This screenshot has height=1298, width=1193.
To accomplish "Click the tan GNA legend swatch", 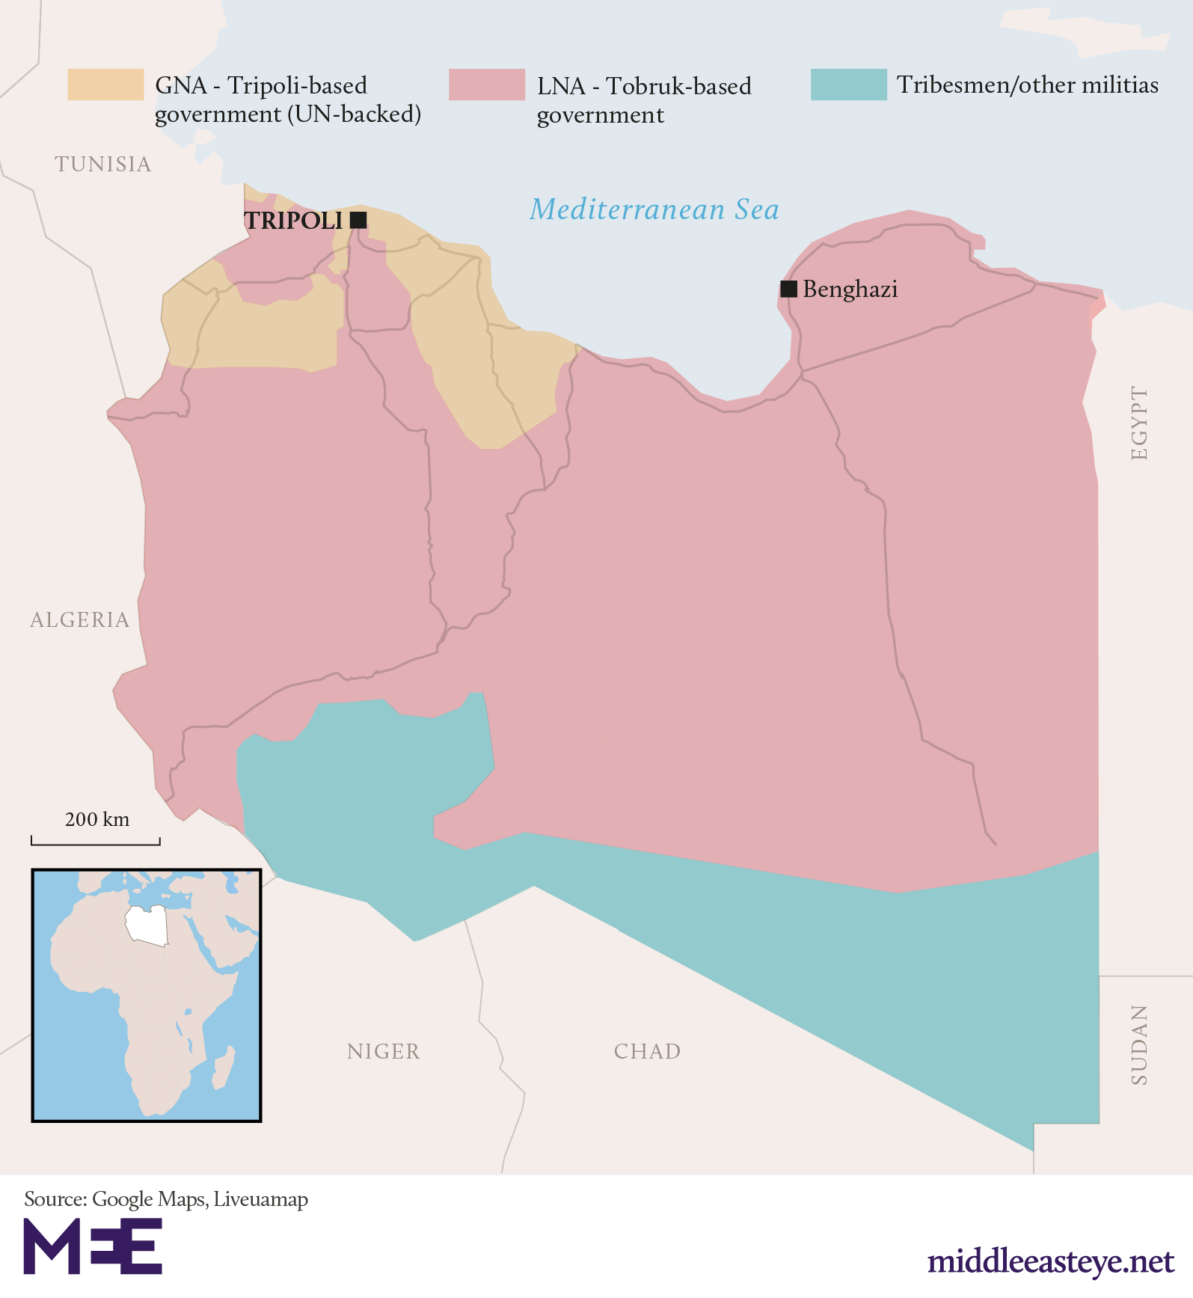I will (105, 85).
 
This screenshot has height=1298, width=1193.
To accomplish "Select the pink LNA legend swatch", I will (487, 85).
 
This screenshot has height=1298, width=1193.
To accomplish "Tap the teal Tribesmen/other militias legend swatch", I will (849, 85).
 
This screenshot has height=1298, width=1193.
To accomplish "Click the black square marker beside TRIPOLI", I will (358, 220).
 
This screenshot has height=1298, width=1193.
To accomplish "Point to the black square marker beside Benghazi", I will (788, 289).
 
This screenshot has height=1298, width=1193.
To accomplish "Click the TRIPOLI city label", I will (293, 221).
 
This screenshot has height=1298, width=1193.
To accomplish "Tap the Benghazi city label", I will (850, 289).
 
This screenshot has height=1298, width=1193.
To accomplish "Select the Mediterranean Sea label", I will (654, 209).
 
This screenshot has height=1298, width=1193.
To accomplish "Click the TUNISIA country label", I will (103, 164).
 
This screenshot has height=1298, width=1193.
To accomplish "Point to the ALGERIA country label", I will (80, 619).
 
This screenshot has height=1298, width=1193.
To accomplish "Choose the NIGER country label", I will (384, 1051).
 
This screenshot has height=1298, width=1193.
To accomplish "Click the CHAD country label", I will (648, 1051).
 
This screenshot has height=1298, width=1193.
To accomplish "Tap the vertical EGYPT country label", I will (1138, 423).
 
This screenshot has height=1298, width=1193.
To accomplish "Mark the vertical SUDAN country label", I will (1138, 1045).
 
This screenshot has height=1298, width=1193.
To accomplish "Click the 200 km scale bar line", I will (96, 844).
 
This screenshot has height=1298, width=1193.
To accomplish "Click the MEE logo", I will (93, 1246).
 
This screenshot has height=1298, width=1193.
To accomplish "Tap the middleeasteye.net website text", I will (1051, 1261).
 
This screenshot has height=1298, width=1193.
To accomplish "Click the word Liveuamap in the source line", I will (261, 1199).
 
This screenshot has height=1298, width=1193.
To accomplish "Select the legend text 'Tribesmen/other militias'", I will (1028, 85).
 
